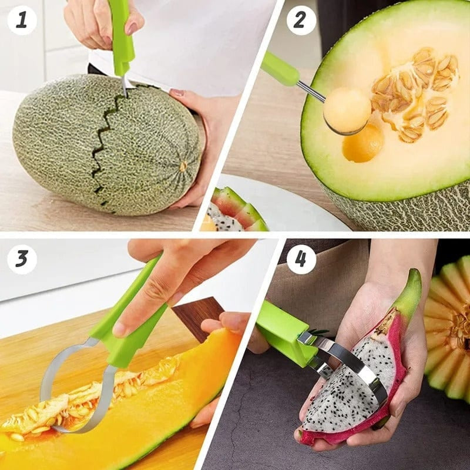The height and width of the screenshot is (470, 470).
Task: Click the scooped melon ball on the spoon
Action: point(347,109)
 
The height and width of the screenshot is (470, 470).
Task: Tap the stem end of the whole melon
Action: point(183,166)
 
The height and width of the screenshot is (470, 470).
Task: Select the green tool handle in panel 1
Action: point(122,35)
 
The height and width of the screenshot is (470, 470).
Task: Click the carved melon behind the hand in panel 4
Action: point(449,329)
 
